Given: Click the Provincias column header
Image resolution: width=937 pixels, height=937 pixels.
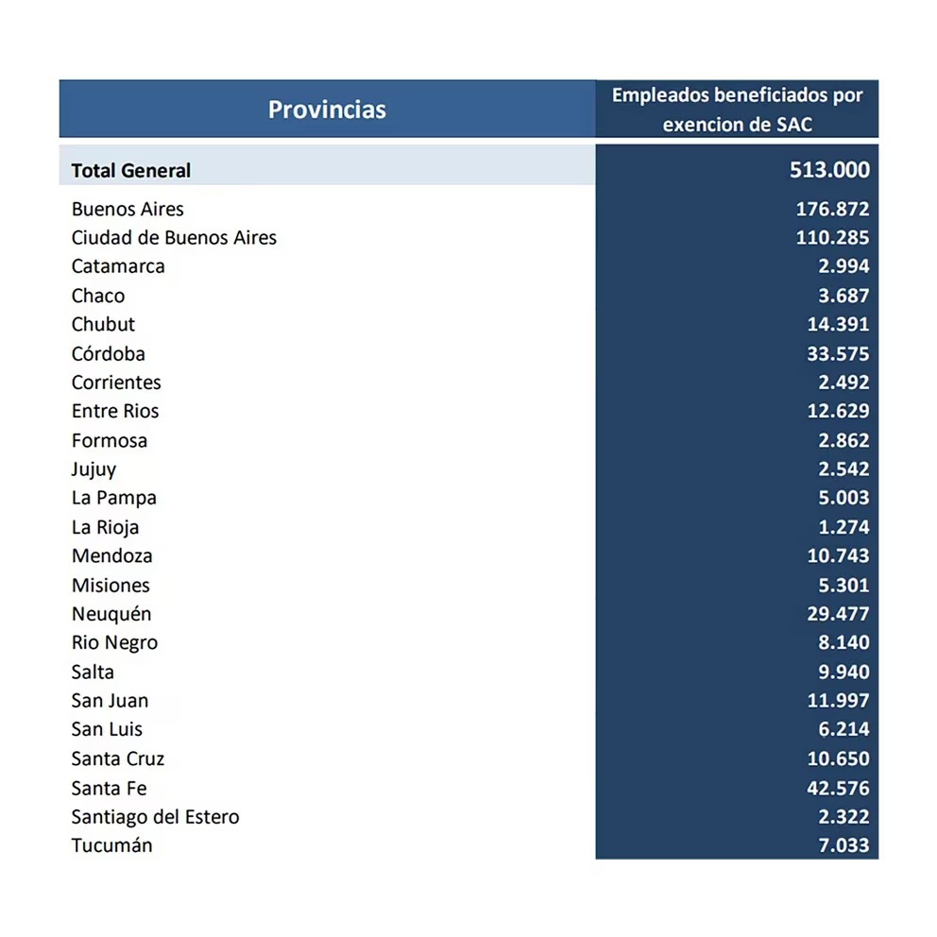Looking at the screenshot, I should tap(327, 110).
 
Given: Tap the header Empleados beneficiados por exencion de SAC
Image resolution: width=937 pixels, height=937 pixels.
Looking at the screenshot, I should tap(737, 110).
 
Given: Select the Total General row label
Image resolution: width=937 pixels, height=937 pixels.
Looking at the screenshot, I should tap(130, 171).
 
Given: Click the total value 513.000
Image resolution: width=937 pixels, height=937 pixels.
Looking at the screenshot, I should tap(829, 170).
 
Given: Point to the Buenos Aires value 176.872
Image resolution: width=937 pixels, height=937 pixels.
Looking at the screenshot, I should tap(832, 209).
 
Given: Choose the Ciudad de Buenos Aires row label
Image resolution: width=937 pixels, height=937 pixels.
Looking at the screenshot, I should tap(174, 237).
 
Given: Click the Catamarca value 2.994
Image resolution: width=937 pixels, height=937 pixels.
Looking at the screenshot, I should tap(843, 266).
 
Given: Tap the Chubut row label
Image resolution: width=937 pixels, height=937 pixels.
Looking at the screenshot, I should tap(103, 324).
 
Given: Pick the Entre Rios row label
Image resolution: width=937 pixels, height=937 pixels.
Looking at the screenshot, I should tap(115, 411).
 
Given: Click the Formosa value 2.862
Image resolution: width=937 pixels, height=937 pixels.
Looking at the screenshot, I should tap(843, 440).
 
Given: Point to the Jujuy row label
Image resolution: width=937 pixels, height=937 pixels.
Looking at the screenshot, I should tap(94, 468).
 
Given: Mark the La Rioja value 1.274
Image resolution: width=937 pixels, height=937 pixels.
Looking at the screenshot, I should tap(843, 527).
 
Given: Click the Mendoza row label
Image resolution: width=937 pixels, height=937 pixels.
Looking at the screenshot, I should tap(111, 555).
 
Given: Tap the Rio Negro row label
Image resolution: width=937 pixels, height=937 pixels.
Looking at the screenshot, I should tap(114, 642).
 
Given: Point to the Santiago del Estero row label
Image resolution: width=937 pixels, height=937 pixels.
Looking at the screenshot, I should tap(155, 816).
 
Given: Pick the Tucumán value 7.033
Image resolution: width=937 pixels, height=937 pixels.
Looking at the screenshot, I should tap(843, 845).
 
